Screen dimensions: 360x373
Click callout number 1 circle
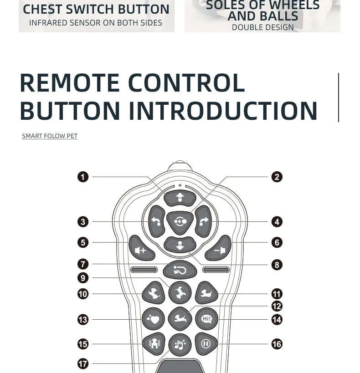(x=83, y=177)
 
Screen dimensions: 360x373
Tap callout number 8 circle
(x=277, y=265)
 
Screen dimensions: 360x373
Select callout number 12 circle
(x=277, y=306)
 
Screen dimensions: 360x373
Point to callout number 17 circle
(x=83, y=364)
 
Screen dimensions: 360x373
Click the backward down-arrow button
(x=180, y=245)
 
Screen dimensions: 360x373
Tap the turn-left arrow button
(x=157, y=221)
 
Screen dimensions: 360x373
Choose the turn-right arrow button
(x=203, y=221)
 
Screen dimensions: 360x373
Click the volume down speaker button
(x=218, y=248)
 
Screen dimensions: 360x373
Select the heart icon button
(x=153, y=319)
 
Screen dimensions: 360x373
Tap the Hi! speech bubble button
(x=207, y=319)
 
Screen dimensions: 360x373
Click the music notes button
(x=180, y=345)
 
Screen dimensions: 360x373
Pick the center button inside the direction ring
(x=180, y=222)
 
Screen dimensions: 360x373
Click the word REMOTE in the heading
(x=70, y=83)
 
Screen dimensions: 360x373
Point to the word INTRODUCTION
(x=223, y=111)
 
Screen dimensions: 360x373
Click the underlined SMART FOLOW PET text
(x=50, y=136)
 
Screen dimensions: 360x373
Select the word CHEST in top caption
(x=42, y=9)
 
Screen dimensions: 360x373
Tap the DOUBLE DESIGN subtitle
(x=262, y=27)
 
